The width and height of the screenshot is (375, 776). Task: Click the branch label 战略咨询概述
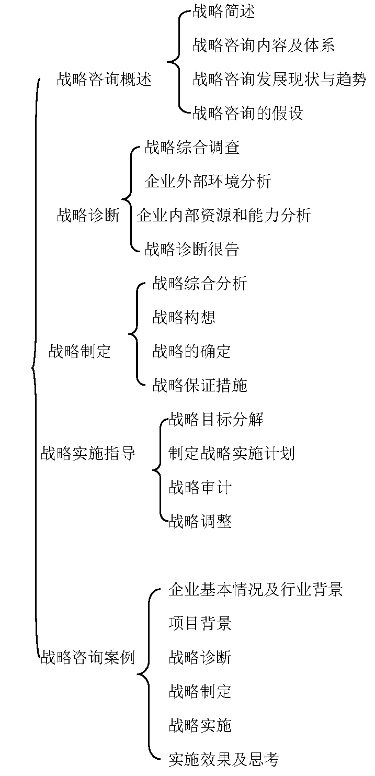pyautogui.click(x=104, y=80)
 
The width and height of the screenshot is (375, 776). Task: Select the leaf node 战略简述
pyautogui.click(x=224, y=11)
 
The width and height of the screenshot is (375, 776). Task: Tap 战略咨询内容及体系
pyautogui.click(x=264, y=46)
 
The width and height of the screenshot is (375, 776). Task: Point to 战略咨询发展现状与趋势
pyautogui.click(x=279, y=79)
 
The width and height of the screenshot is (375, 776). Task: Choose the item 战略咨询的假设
pyautogui.click(x=247, y=113)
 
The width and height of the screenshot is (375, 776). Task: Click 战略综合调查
pyautogui.click(x=192, y=147)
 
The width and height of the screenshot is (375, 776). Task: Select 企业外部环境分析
pyautogui.click(x=208, y=181)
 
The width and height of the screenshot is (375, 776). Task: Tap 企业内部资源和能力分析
pyautogui.click(x=224, y=215)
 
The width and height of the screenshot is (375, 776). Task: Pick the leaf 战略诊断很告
pyautogui.click(x=192, y=249)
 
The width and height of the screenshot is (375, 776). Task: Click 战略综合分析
pyautogui.click(x=200, y=283)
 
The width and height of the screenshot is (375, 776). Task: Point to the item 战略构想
pyautogui.click(x=184, y=317)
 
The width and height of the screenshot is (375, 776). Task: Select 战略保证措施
pyautogui.click(x=200, y=385)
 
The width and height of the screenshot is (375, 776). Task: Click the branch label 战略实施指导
pyautogui.click(x=88, y=453)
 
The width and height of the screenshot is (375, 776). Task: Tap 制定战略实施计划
pyautogui.click(x=231, y=453)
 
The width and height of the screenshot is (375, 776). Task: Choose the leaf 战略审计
pyautogui.click(x=200, y=487)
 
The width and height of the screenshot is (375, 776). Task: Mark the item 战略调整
pyautogui.click(x=200, y=521)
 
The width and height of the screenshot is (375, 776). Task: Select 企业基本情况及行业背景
pyautogui.click(x=256, y=589)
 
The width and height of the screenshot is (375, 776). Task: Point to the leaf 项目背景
pyautogui.click(x=200, y=623)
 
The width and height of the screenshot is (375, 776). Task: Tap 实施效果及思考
pyautogui.click(x=224, y=759)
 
